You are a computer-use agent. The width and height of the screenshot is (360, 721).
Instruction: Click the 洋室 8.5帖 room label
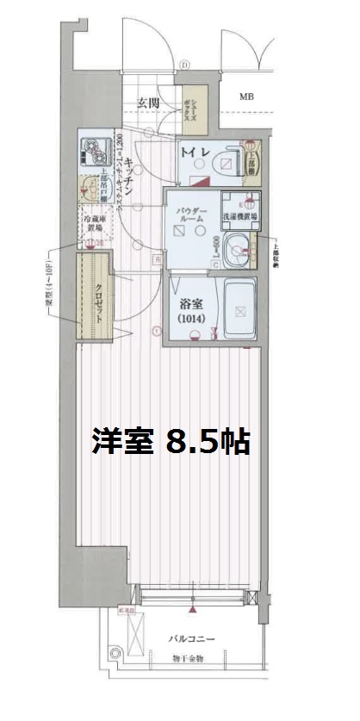click(x=171, y=441)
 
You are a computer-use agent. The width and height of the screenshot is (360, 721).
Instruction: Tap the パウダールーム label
click(x=191, y=215)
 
